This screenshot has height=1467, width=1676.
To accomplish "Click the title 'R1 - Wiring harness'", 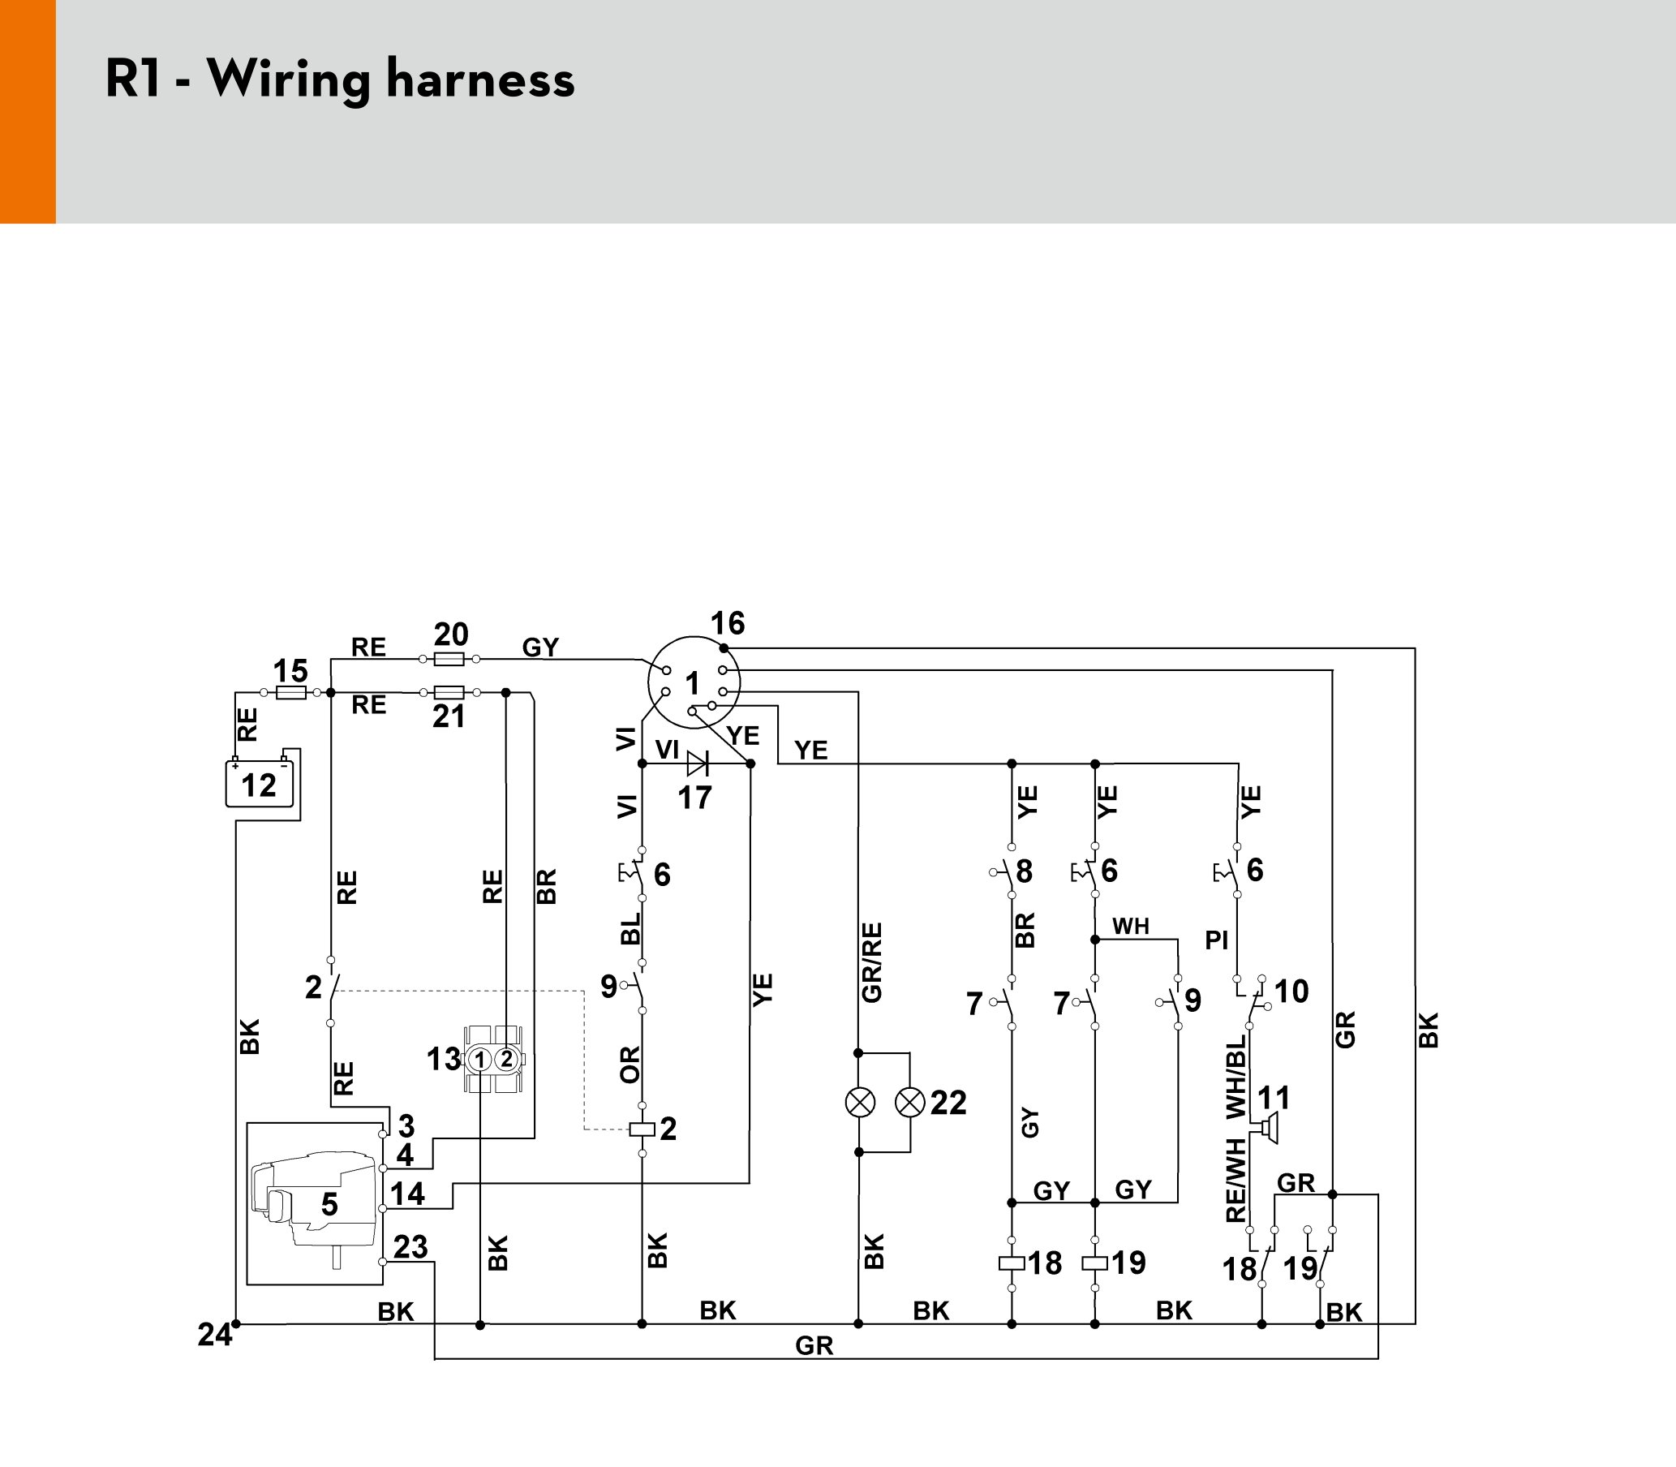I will pyautogui.click(x=340, y=80).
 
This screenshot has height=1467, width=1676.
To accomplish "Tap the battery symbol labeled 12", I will pyautogui.click(x=260, y=784).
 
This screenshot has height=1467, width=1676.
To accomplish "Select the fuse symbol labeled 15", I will pyautogui.click(x=291, y=693).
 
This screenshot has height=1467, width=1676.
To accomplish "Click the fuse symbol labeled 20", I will pyautogui.click(x=449, y=658).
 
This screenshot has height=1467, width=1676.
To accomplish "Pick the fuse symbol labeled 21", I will pyautogui.click(x=449, y=693).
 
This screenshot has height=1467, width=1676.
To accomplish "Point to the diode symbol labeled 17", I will pyautogui.click(x=697, y=764).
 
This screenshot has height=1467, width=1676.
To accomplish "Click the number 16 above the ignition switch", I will pyautogui.click(x=728, y=623).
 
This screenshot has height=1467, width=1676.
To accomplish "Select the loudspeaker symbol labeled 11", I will pyautogui.click(x=1268, y=1128).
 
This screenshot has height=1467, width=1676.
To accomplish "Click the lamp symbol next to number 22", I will pyautogui.click(x=910, y=1103).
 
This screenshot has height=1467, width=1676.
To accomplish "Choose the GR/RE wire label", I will pyautogui.click(x=872, y=962).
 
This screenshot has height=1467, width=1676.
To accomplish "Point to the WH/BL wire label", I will pyautogui.click(x=1236, y=1077).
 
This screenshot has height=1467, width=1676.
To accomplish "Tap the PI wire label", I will pyautogui.click(x=1217, y=940).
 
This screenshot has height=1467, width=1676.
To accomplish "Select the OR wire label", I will pyautogui.click(x=630, y=1065).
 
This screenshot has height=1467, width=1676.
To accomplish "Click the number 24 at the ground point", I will pyautogui.click(x=214, y=1336).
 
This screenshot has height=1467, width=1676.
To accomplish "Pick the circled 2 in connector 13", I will pyautogui.click(x=506, y=1060).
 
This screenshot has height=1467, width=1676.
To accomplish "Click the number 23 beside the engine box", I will pyautogui.click(x=410, y=1247).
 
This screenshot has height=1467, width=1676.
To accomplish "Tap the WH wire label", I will pyautogui.click(x=1131, y=926).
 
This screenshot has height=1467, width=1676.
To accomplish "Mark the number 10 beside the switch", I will pyautogui.click(x=1291, y=992).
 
